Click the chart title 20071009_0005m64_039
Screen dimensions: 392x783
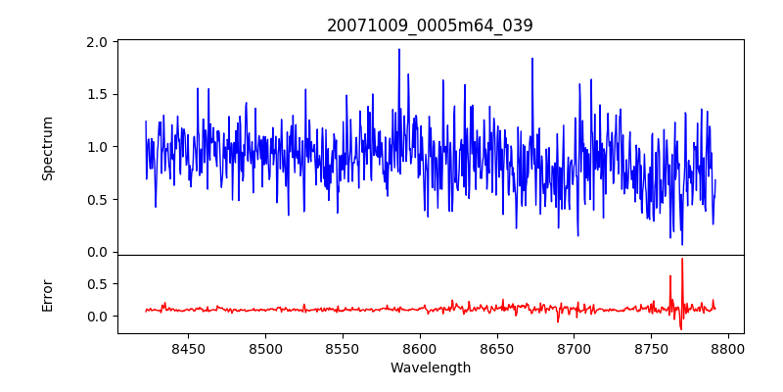430,25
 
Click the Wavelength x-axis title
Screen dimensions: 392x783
430,367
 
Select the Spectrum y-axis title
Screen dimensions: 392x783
47,148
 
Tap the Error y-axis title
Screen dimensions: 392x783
47,295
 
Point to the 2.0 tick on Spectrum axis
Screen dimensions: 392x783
96,43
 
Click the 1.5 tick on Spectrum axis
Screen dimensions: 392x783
96,95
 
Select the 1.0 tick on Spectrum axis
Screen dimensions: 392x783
96,147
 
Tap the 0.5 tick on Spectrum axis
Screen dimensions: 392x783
96,200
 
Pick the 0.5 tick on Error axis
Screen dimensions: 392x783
96,284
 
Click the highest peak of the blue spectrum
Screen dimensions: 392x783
399,49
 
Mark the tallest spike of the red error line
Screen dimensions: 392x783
682,259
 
